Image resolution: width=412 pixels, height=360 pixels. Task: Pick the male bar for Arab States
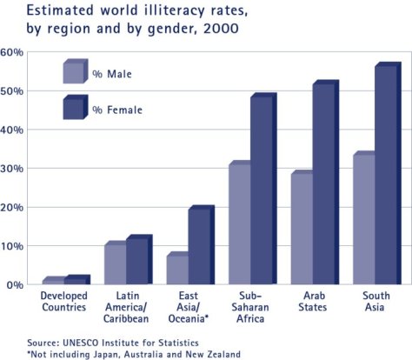(x=302, y=229)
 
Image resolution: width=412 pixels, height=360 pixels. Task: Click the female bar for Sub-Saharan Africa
(x=262, y=190)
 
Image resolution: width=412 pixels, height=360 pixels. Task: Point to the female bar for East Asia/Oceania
(x=200, y=247)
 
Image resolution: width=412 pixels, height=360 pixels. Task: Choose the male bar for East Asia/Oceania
(x=177, y=270)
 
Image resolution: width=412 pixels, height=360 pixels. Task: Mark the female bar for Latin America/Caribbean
(x=137, y=261)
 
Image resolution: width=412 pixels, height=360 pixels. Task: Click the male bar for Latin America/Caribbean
(x=115, y=264)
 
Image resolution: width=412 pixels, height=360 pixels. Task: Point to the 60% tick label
(x=12, y=52)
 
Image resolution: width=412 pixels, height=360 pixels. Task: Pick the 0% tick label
(x=15, y=285)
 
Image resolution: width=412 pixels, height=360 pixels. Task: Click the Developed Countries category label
(x=63, y=303)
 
